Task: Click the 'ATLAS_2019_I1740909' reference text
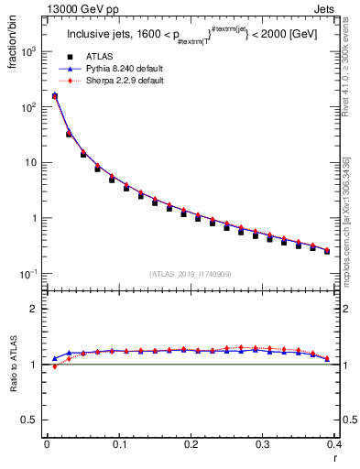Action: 190,273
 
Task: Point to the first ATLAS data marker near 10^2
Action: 55,96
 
